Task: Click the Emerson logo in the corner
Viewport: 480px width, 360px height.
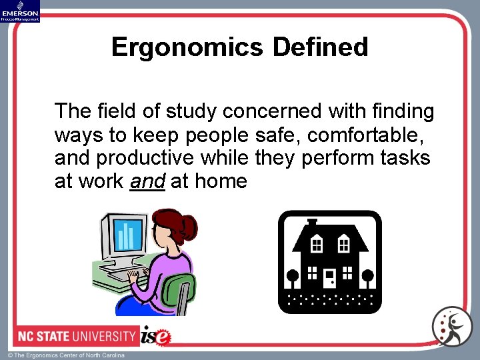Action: tap(20, 11)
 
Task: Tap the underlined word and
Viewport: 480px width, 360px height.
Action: tap(147, 181)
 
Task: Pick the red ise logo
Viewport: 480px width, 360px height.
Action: tap(156, 335)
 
